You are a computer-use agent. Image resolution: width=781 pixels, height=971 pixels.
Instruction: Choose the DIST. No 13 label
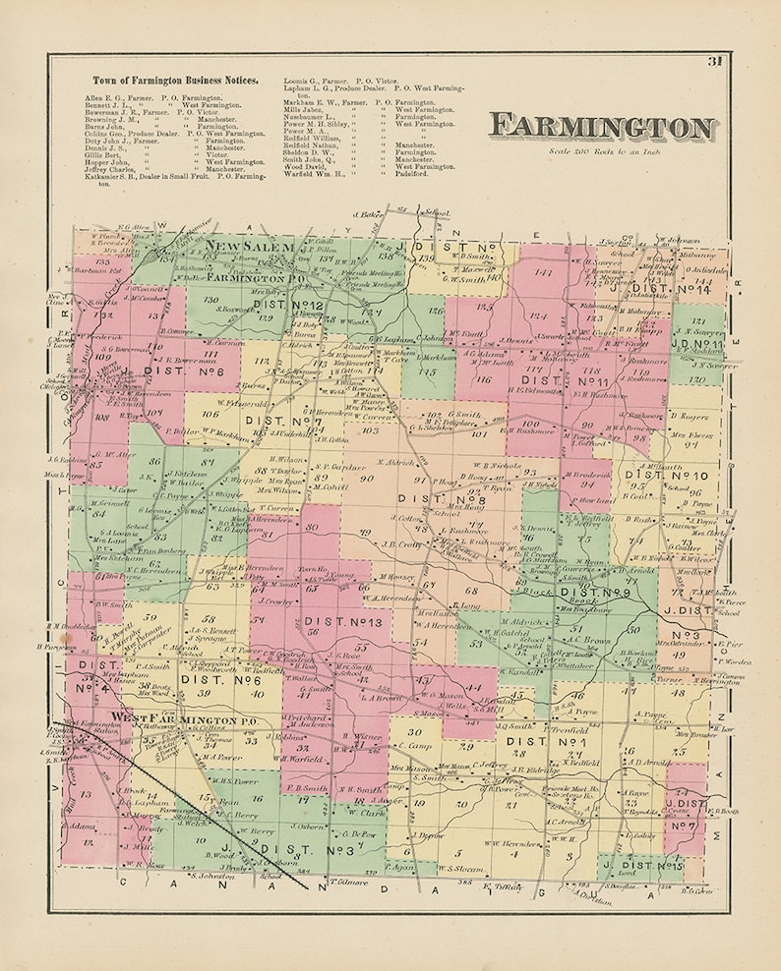[330, 621]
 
